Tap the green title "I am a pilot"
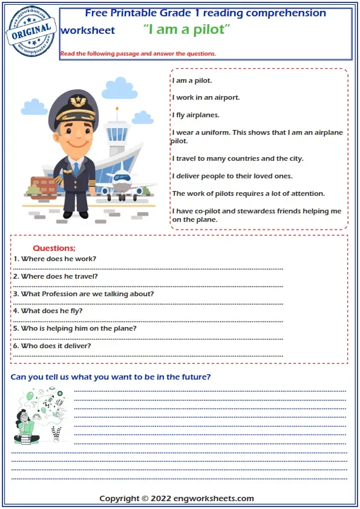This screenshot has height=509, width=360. [187, 29]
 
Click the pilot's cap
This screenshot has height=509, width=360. [76, 108]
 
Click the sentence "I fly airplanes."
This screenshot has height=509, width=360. [195, 115]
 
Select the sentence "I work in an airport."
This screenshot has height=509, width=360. [206, 97]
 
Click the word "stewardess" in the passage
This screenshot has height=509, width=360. [261, 212]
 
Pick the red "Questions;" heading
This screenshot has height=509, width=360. [54, 248]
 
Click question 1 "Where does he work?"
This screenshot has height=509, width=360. [54, 259]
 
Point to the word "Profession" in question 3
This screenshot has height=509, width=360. [59, 294]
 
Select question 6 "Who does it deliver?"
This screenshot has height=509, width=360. [52, 346]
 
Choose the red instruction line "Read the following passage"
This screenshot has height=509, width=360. [138, 54]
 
